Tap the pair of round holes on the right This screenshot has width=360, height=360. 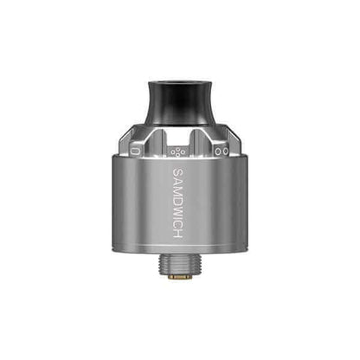click(x=219, y=151)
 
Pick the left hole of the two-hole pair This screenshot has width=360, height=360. click(x=215, y=151)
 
